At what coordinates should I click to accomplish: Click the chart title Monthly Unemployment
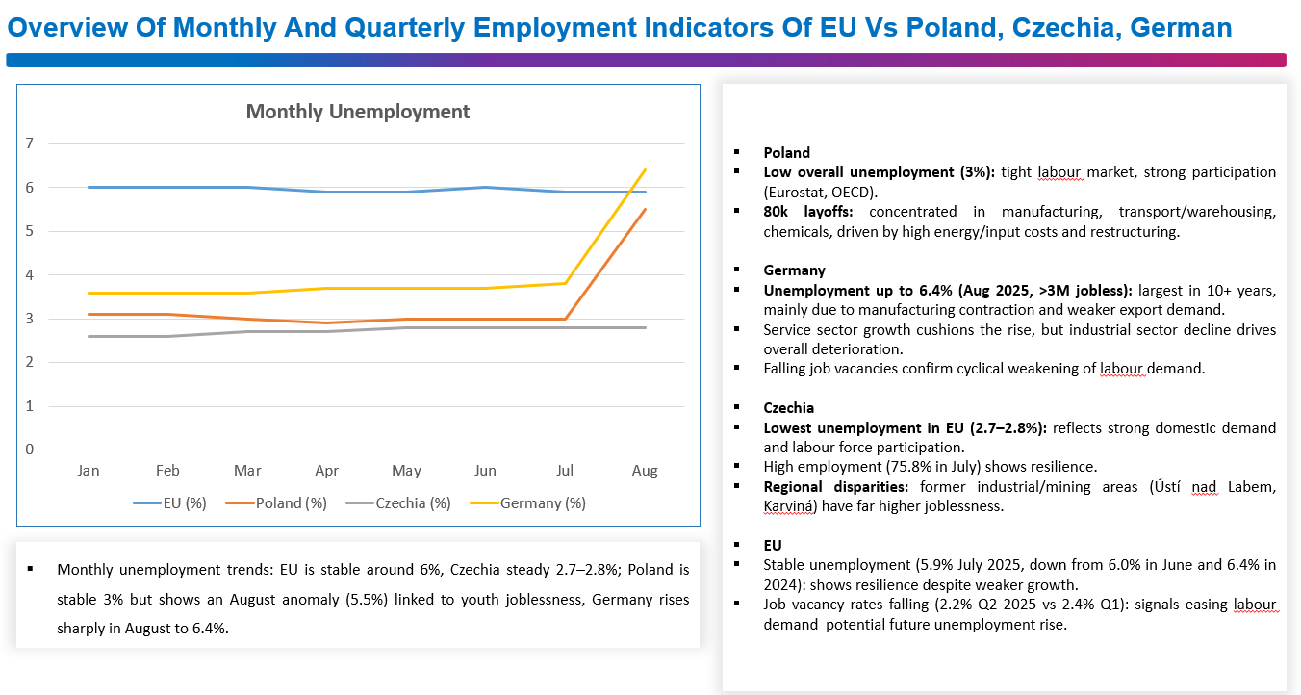(x=358, y=112)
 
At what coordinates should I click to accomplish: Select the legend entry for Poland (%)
(x=290, y=502)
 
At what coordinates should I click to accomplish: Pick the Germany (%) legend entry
(x=542, y=502)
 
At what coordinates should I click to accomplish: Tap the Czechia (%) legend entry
(x=413, y=502)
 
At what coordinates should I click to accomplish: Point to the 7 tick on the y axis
(x=30, y=143)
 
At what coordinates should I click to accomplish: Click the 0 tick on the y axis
(x=30, y=450)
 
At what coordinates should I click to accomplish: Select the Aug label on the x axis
(x=645, y=471)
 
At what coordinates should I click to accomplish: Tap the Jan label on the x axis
(x=89, y=471)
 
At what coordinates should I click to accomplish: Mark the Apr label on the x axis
(x=327, y=471)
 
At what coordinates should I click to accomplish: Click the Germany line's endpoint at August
(x=645, y=170)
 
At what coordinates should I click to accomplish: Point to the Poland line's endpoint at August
(x=645, y=210)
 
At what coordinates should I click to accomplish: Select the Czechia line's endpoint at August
(x=645, y=327)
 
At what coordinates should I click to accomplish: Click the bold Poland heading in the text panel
(x=787, y=153)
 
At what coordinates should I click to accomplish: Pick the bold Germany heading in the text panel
(x=795, y=270)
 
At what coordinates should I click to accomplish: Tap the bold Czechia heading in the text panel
(x=789, y=408)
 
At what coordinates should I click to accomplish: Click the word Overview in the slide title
(x=64, y=27)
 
